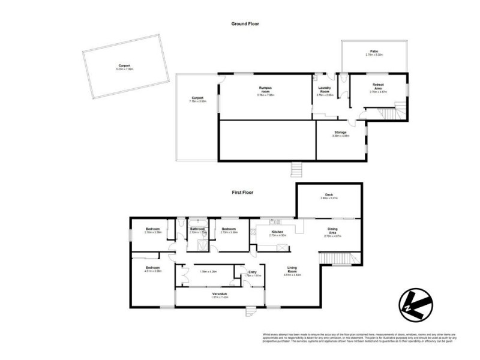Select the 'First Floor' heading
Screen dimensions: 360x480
pyautogui.click(x=244, y=193)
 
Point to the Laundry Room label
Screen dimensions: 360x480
pyautogui.click(x=325, y=93)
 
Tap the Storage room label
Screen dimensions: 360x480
pyautogui.click(x=340, y=133)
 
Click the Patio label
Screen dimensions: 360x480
pyautogui.click(x=374, y=53)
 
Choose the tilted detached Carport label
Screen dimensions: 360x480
pyautogui.click(x=124, y=67)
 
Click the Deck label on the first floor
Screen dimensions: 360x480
pyautogui.click(x=329, y=195)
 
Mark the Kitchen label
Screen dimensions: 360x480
pyautogui.click(x=277, y=232)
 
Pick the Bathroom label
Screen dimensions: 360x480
pyautogui.click(x=198, y=229)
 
